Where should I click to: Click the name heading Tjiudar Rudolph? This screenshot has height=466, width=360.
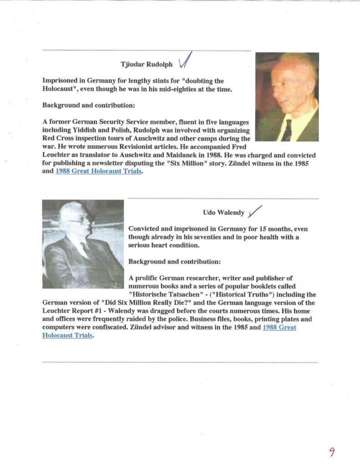click(147, 64)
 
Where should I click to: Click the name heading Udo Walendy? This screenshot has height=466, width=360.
click(223, 213)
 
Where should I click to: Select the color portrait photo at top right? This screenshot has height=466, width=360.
click(287, 97)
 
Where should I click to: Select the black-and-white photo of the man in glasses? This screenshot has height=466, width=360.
click(83, 244)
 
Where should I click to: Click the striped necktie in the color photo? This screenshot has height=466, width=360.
click(287, 131)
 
